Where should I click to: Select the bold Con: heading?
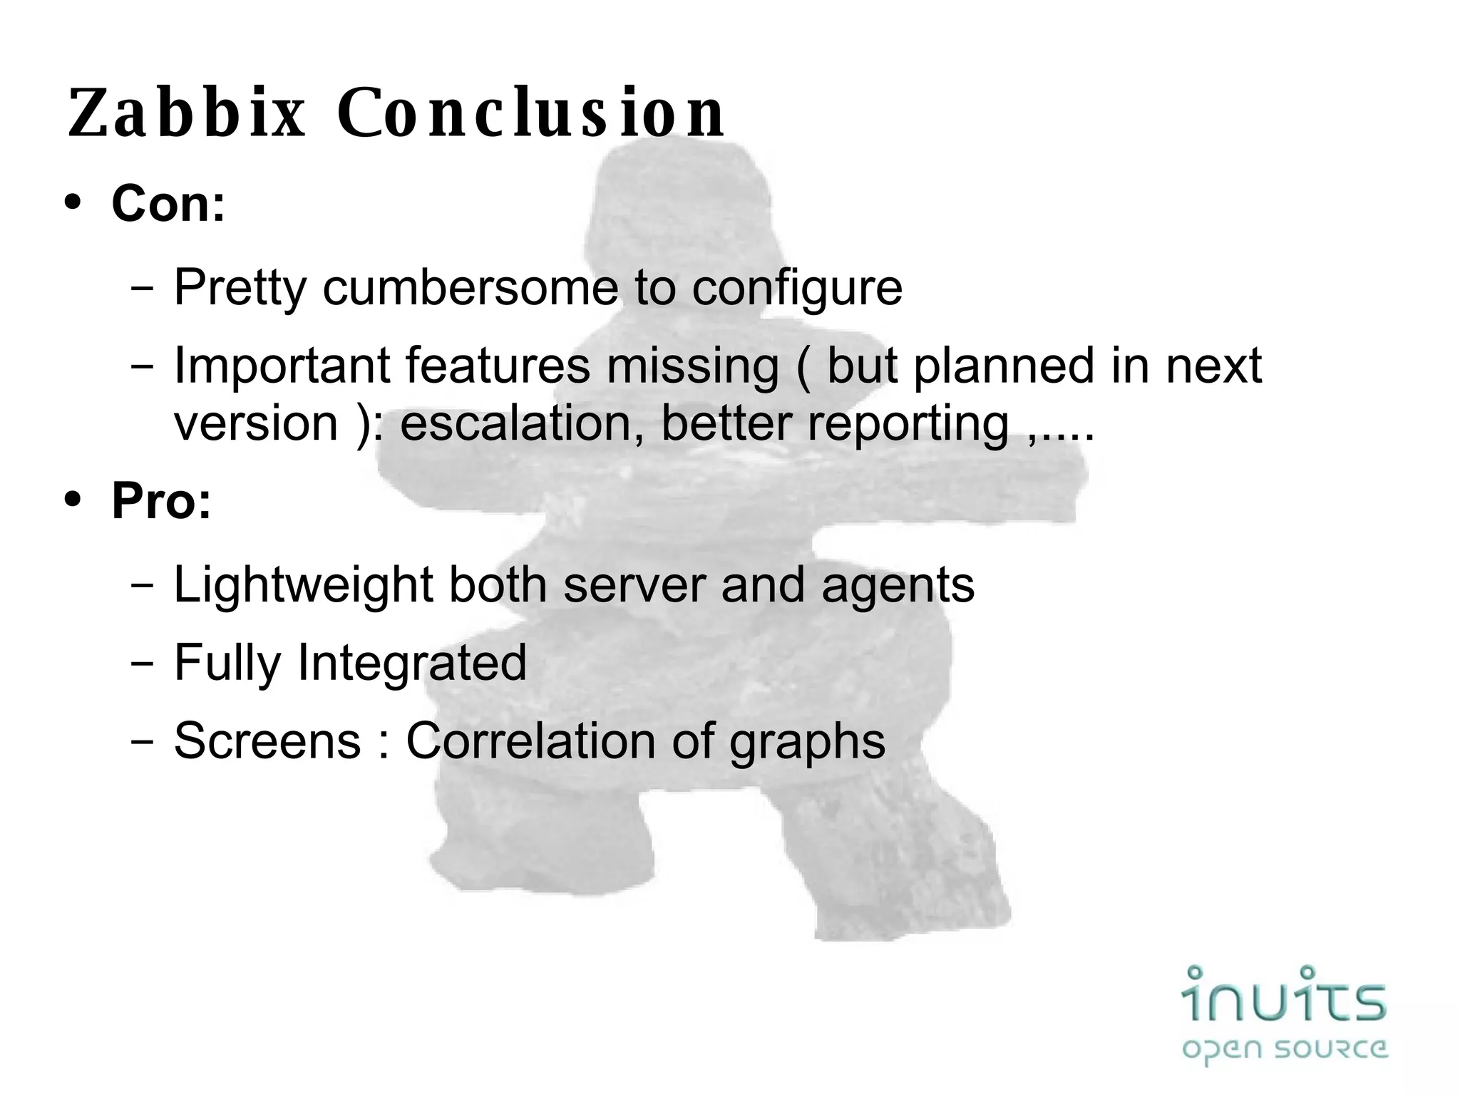[x=168, y=204]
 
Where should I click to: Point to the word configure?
[x=797, y=289]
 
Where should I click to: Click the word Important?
[x=282, y=366]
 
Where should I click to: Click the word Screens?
[x=267, y=741]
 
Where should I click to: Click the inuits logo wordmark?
[x=1284, y=994]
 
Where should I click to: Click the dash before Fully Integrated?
[x=143, y=664]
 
